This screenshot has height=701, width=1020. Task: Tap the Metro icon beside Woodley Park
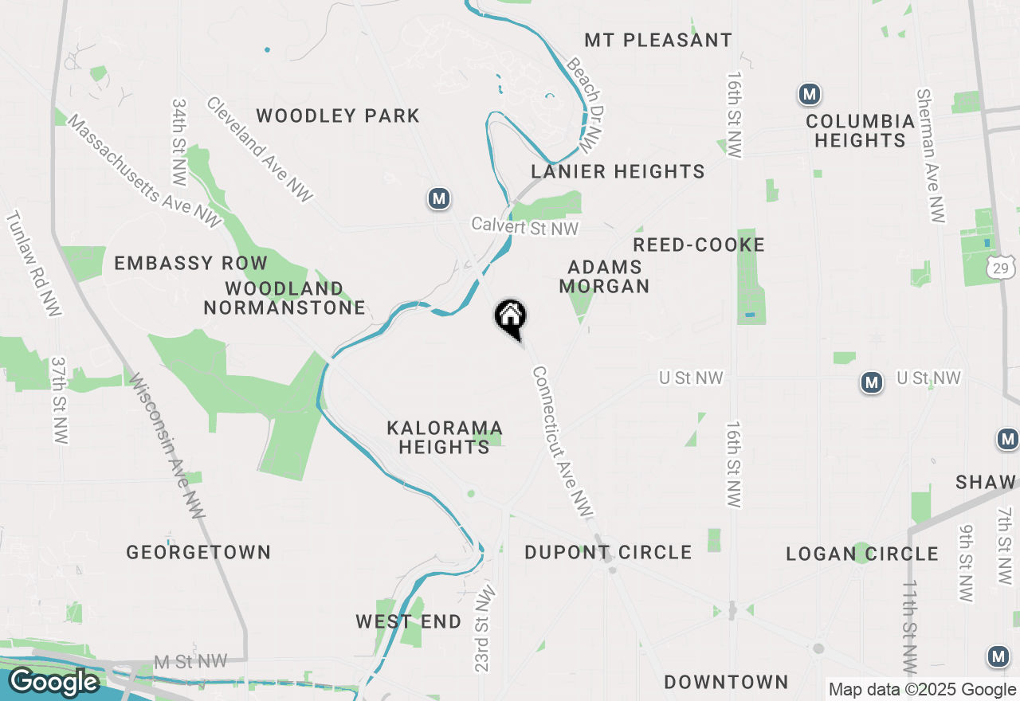click(x=438, y=198)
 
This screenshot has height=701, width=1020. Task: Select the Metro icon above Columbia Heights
click(x=810, y=94)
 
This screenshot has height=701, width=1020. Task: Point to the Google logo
click(x=53, y=682)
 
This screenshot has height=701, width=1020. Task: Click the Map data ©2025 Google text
click(x=922, y=690)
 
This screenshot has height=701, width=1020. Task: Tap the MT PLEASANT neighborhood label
click(x=658, y=40)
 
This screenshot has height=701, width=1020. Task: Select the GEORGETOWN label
click(x=198, y=552)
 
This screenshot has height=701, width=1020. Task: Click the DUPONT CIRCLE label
click(x=608, y=552)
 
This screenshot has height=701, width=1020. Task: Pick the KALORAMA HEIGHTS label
click(x=445, y=437)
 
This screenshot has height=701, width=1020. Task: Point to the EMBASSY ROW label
click(x=191, y=263)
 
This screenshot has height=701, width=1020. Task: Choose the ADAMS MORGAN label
click(x=604, y=276)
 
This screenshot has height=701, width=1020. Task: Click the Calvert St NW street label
click(x=524, y=227)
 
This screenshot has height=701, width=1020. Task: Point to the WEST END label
click(x=408, y=621)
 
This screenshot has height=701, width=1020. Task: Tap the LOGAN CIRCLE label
click(x=862, y=554)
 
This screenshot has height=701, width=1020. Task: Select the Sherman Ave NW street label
click(x=932, y=155)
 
